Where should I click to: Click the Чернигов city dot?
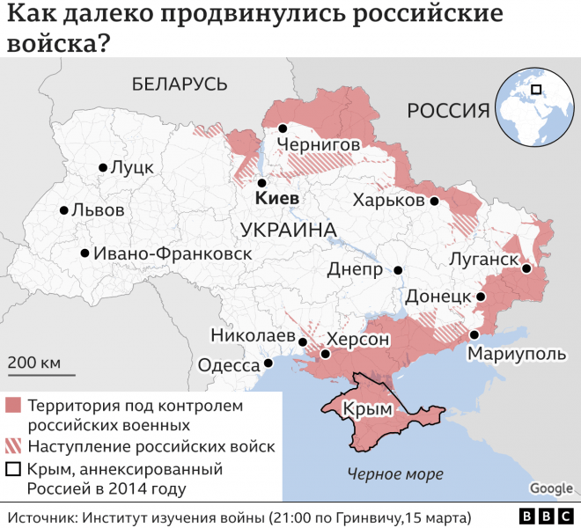click(x=283, y=128)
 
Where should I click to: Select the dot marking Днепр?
click(x=398, y=270)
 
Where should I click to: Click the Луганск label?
click(x=483, y=259)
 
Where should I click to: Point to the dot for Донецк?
click(x=481, y=297)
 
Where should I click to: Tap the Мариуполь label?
click(x=515, y=354)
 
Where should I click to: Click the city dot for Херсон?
click(x=326, y=355)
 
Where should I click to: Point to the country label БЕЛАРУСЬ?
click(x=180, y=84)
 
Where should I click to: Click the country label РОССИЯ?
click(x=447, y=110)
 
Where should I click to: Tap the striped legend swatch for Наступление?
click(x=13, y=446)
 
